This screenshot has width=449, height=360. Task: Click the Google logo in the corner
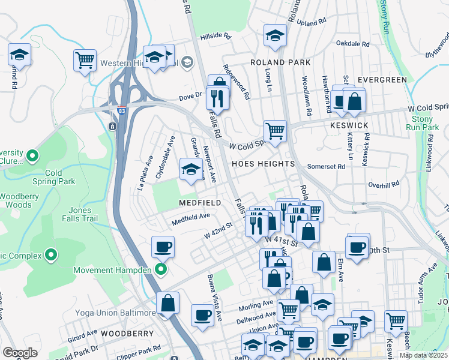pos(19,353)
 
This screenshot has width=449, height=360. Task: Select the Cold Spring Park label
pos(61,177)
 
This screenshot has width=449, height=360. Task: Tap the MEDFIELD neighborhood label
pos(201,203)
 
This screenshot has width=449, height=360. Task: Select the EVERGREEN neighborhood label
pos(381,79)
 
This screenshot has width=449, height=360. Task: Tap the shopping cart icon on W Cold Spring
pos(275,130)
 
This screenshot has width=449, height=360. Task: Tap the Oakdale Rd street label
pos(352,44)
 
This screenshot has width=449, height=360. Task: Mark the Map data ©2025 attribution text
pos(423,355)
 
